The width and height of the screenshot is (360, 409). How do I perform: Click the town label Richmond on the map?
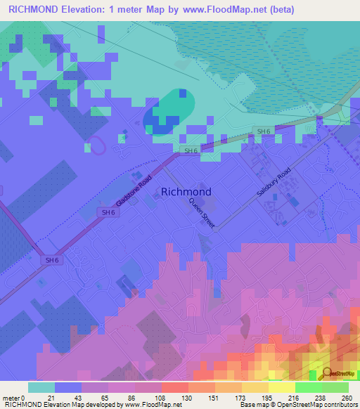pyautogui.click(x=186, y=191)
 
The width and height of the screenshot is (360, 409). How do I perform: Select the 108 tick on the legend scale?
pyautogui.click(x=161, y=397)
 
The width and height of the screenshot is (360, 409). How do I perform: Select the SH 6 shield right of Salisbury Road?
pyautogui.click(x=262, y=131)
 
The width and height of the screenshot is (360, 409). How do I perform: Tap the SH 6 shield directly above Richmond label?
pyautogui.click(x=190, y=150)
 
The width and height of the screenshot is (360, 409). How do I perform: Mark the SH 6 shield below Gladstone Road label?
pyautogui.click(x=108, y=212)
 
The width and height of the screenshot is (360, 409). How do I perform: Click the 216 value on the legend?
pyautogui.click(x=295, y=397)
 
